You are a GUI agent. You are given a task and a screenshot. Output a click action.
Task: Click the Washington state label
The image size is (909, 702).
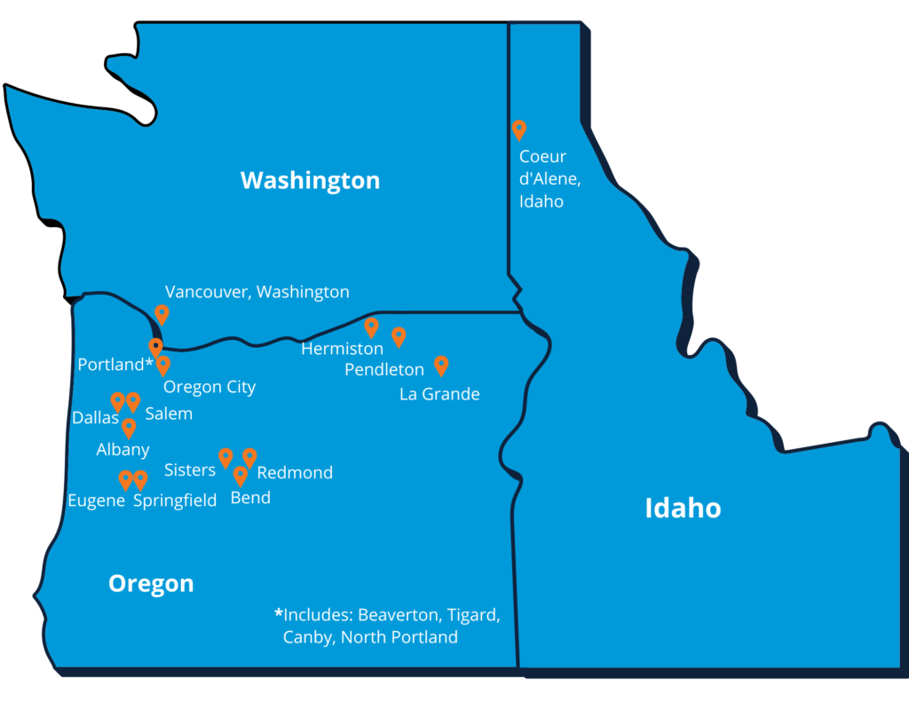pyautogui.click(x=310, y=181)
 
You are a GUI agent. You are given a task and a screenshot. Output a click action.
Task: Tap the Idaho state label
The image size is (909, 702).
pyautogui.click(x=683, y=509)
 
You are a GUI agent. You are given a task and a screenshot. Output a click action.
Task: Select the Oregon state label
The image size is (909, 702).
pyautogui.click(x=151, y=583)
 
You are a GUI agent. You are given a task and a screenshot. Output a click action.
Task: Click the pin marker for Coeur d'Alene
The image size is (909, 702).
pyautogui.click(x=519, y=130)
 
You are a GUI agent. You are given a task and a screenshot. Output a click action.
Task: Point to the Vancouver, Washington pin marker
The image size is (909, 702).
pyautogui.click(x=162, y=314)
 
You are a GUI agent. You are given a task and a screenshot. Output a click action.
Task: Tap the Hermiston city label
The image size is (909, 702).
pyautogui.click(x=342, y=349)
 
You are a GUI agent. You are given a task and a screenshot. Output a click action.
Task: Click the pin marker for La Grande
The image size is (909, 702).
pyautogui.click(x=441, y=365)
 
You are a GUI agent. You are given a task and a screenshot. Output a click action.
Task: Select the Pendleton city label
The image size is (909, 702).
pyautogui.click(x=384, y=369)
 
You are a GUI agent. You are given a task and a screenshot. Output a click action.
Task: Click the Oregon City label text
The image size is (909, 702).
pyautogui.click(x=209, y=387)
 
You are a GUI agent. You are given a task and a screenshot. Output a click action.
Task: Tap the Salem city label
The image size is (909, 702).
pyautogui.click(x=169, y=414)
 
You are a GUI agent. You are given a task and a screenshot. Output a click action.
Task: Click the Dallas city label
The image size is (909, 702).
pyautogui.click(x=95, y=418)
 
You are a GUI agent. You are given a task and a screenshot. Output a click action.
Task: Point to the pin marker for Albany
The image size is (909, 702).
pyautogui.click(x=129, y=428)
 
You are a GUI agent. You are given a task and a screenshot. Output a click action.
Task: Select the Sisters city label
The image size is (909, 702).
pyautogui.click(x=190, y=469)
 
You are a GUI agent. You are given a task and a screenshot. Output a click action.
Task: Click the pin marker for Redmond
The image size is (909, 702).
pyautogui.click(x=249, y=457)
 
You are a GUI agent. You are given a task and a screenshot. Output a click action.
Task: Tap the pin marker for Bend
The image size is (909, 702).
pyautogui.click(x=240, y=476)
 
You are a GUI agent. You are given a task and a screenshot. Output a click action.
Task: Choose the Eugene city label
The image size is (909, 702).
pyautogui.click(x=96, y=501)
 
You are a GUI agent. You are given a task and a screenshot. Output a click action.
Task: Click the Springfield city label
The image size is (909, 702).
pyautogui.click(x=175, y=501)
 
